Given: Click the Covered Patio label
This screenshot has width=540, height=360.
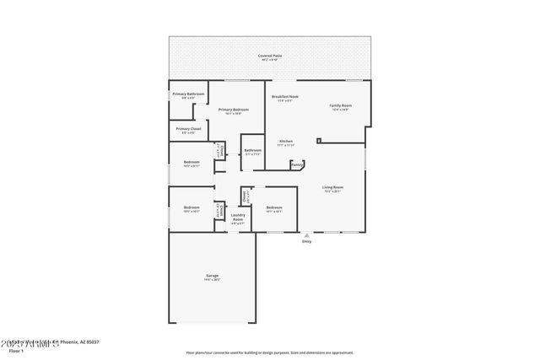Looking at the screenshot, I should click(270, 56).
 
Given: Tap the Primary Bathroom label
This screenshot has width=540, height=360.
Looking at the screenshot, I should click(189, 94).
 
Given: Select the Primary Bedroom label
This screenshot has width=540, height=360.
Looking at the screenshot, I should click(233, 110).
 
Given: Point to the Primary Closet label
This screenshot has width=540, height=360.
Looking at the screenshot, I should click(188, 129).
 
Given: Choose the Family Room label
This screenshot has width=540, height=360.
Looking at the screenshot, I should click(340, 105).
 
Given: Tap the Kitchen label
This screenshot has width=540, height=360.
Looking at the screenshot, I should click(285, 141).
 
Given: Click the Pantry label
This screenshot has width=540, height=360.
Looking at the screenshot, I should click(297, 164).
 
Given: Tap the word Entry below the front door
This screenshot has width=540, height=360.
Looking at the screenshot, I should click(306, 242).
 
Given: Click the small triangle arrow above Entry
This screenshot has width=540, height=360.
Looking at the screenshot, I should click(306, 234).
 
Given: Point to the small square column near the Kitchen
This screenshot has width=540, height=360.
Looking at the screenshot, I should click(319, 140).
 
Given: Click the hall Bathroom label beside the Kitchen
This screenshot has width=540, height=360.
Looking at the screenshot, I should click(253, 150).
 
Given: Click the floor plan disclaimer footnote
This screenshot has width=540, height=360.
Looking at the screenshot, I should click(270, 353).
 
